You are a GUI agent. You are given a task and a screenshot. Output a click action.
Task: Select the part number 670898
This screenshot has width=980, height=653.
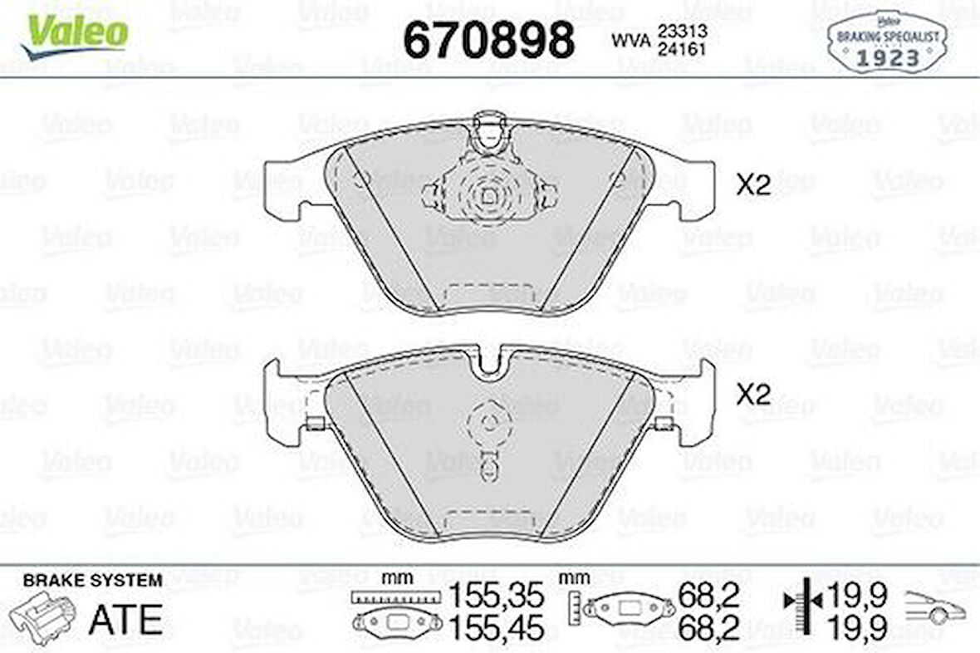pyautogui.click(x=488, y=39)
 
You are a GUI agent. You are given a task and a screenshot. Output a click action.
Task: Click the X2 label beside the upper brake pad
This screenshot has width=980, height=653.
pyautogui.click(x=754, y=186)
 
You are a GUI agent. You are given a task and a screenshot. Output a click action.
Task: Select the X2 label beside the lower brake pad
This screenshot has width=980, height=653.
pyautogui.click(x=754, y=395)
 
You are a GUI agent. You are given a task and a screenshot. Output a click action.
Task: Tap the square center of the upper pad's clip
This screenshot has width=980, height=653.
pyautogui.click(x=489, y=196)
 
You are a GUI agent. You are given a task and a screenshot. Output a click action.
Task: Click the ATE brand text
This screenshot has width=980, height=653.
pyautogui.click(x=125, y=619)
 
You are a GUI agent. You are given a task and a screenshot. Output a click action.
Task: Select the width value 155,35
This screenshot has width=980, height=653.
pyautogui.click(x=497, y=595)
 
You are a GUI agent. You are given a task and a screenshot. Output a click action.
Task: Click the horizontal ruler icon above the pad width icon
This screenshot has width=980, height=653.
pyautogui.click(x=394, y=597)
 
